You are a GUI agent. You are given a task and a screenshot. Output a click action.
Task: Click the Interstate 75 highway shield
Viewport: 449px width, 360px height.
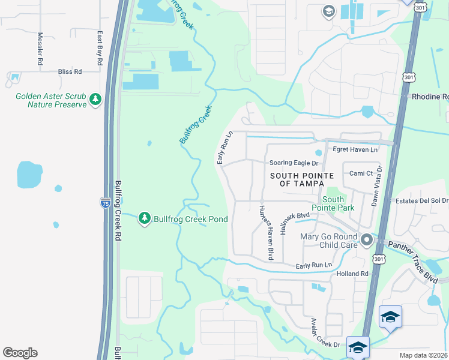(x=106, y=202)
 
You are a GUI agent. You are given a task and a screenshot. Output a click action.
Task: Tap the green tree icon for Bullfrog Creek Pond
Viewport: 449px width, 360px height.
(x=144, y=219)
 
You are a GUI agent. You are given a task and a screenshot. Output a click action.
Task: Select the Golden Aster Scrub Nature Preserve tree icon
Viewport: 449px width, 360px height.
(x=95, y=100)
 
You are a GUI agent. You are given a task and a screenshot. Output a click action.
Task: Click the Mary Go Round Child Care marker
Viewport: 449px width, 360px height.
(x=367, y=241)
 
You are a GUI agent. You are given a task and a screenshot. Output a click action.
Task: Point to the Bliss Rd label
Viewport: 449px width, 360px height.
(x=70, y=71)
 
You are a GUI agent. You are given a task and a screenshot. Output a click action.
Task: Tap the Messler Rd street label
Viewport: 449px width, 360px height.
(x=40, y=49)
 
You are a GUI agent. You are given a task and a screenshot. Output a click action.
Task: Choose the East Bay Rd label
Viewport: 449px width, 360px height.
(x=99, y=49)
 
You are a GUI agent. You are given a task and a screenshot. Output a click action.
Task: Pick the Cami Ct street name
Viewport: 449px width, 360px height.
(x=362, y=173)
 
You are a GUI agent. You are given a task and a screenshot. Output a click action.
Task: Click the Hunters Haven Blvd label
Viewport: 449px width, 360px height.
(x=266, y=232)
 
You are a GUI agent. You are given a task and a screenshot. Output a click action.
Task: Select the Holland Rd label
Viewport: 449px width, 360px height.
(x=352, y=274)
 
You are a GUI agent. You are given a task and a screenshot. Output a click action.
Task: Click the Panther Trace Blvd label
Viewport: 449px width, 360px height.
(x=413, y=260)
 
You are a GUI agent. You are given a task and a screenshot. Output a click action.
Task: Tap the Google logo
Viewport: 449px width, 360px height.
(x=20, y=353)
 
